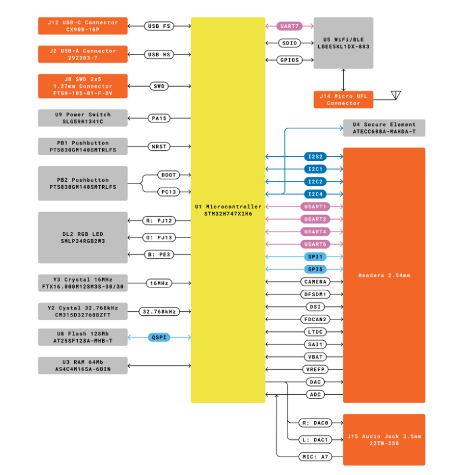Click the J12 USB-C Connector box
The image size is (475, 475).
tap(83, 26)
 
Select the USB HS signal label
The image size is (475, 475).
tap(159, 55)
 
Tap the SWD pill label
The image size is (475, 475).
tap(159, 86)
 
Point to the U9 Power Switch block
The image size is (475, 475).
tap(83, 118)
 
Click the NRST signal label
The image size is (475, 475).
tap(159, 147)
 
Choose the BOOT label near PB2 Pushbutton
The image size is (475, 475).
tap(169, 175)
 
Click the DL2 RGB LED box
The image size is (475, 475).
tap(83, 237)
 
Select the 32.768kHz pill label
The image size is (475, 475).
tap(159, 312)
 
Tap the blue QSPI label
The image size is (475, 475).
tap(159, 337)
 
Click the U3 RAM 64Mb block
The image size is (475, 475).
tap(83, 366)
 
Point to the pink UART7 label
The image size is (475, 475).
tap(290, 26)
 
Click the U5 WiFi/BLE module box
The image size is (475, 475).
tap(344, 43)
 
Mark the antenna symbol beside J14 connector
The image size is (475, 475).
tap(395, 95)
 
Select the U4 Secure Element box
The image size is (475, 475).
tap(384, 128)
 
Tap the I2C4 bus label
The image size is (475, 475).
tap(315, 194)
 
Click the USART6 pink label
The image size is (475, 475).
tap(315, 244)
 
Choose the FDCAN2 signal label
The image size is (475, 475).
tap(315, 319)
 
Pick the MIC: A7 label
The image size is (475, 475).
tap(315, 457)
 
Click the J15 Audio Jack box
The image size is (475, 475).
tap(384, 440)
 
